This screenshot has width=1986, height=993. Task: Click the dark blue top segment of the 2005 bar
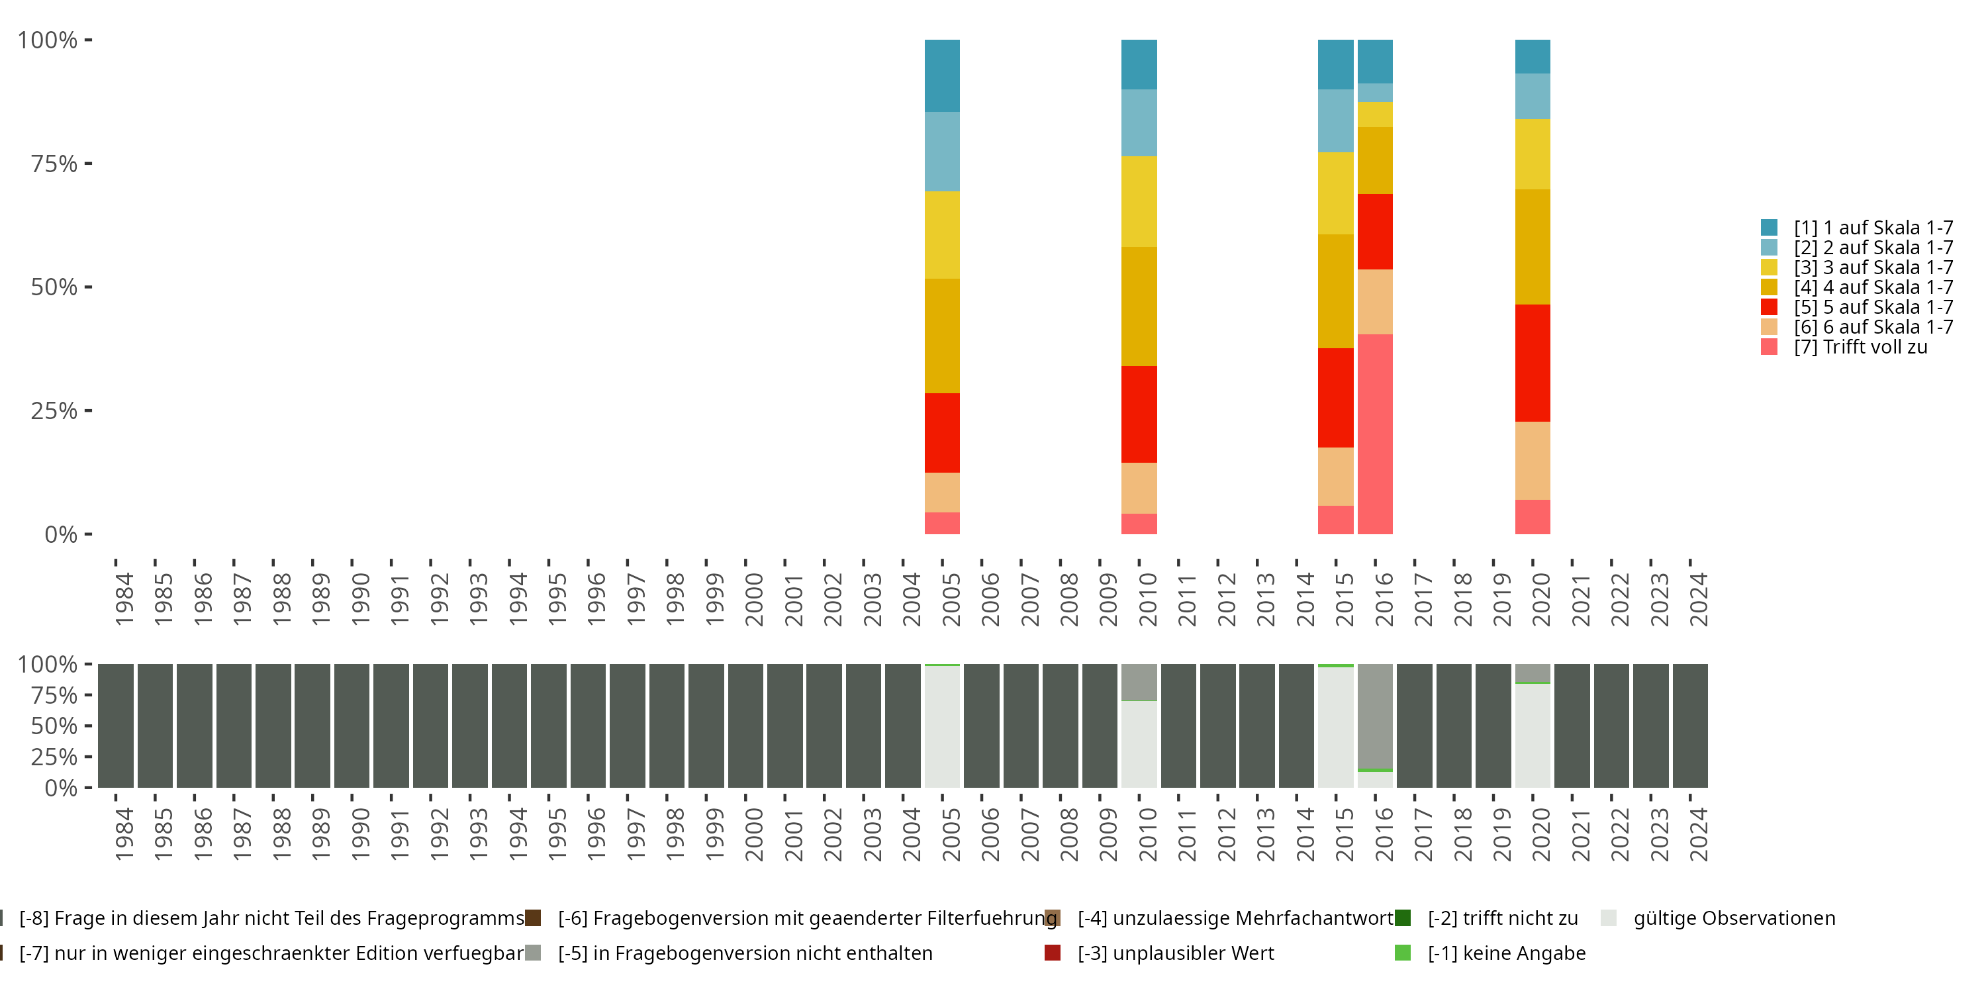coord(942,75)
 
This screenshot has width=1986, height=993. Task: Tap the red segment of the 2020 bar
coord(1533,363)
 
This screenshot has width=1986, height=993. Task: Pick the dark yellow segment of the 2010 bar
coord(1139,306)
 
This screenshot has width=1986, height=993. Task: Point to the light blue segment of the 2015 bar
coord(1335,121)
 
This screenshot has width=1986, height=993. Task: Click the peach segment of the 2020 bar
coord(1533,461)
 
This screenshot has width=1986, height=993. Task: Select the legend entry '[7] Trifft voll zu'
coord(1844,347)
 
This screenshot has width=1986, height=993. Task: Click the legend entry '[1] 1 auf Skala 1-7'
coord(1856,228)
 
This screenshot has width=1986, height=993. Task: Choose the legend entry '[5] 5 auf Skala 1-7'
coord(1856,307)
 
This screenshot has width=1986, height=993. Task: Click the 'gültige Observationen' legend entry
coord(1718,918)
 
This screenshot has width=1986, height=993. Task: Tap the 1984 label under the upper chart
coord(123,599)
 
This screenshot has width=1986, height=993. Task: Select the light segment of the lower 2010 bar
coord(1139,744)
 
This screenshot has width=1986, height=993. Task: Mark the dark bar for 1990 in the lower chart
coord(352,726)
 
